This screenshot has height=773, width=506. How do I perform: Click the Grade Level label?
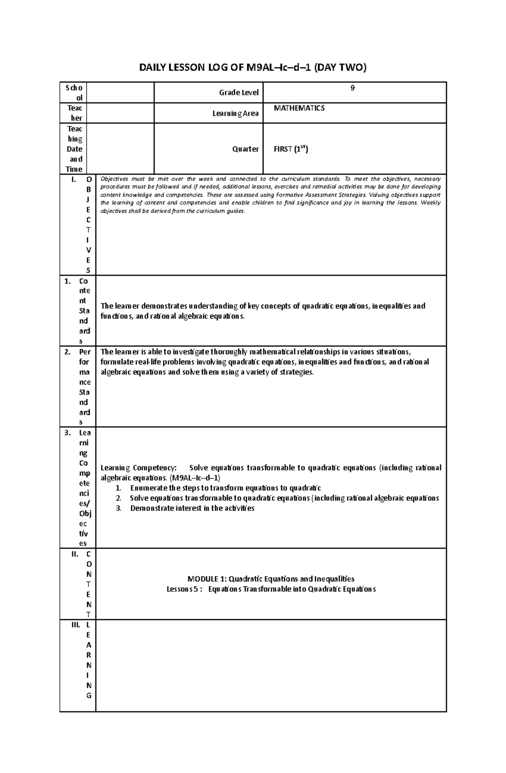[239, 92]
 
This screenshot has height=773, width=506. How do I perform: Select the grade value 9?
[353, 88]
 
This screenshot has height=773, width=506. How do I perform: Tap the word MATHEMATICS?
[299, 108]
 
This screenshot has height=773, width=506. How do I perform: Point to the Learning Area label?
[235, 113]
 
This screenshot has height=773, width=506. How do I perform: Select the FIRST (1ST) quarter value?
[291, 149]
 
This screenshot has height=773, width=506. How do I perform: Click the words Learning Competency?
[139, 468]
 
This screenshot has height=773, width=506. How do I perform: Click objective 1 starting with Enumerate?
[226, 488]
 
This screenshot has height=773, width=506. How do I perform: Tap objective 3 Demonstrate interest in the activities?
[192, 508]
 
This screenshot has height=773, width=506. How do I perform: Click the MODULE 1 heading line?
[271, 579]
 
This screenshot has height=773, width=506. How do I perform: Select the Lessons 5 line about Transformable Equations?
[271, 589]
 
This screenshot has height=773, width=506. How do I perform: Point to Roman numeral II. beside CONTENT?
[75, 554]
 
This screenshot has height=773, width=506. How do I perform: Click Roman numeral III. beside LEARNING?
[75, 625]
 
